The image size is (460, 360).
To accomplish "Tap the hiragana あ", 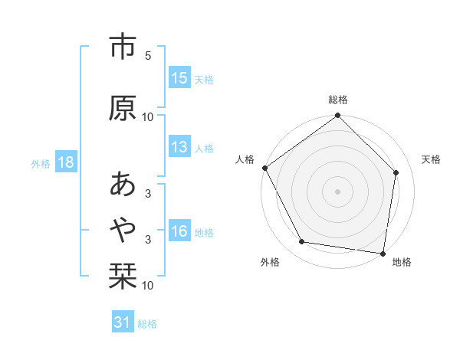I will [x=123, y=185].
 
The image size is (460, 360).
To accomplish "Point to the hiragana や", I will [x=123, y=227].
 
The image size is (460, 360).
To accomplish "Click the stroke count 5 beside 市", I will [x=148, y=57].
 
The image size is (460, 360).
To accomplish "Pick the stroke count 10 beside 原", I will [x=148, y=117].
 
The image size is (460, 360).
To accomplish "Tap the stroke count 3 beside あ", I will [x=148, y=194].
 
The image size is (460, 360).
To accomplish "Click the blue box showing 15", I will [x=179, y=79].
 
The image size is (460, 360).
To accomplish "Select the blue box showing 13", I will [x=179, y=148].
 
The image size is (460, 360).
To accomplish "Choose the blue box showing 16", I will [x=179, y=232].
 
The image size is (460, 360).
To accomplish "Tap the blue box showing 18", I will [x=65, y=163].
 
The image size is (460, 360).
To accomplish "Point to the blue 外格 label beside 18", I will [x=41, y=164].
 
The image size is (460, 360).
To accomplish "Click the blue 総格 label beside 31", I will [x=147, y=324].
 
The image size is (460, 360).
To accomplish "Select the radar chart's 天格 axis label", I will [x=431, y=159].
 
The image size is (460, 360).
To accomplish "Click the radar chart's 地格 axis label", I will [x=402, y=263].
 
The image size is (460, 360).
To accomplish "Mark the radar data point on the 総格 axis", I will [x=337, y=116].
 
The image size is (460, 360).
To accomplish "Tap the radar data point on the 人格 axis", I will [x=264, y=168].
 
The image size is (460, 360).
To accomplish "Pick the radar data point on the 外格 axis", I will [x=301, y=242].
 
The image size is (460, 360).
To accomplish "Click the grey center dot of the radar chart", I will [x=337, y=191].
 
